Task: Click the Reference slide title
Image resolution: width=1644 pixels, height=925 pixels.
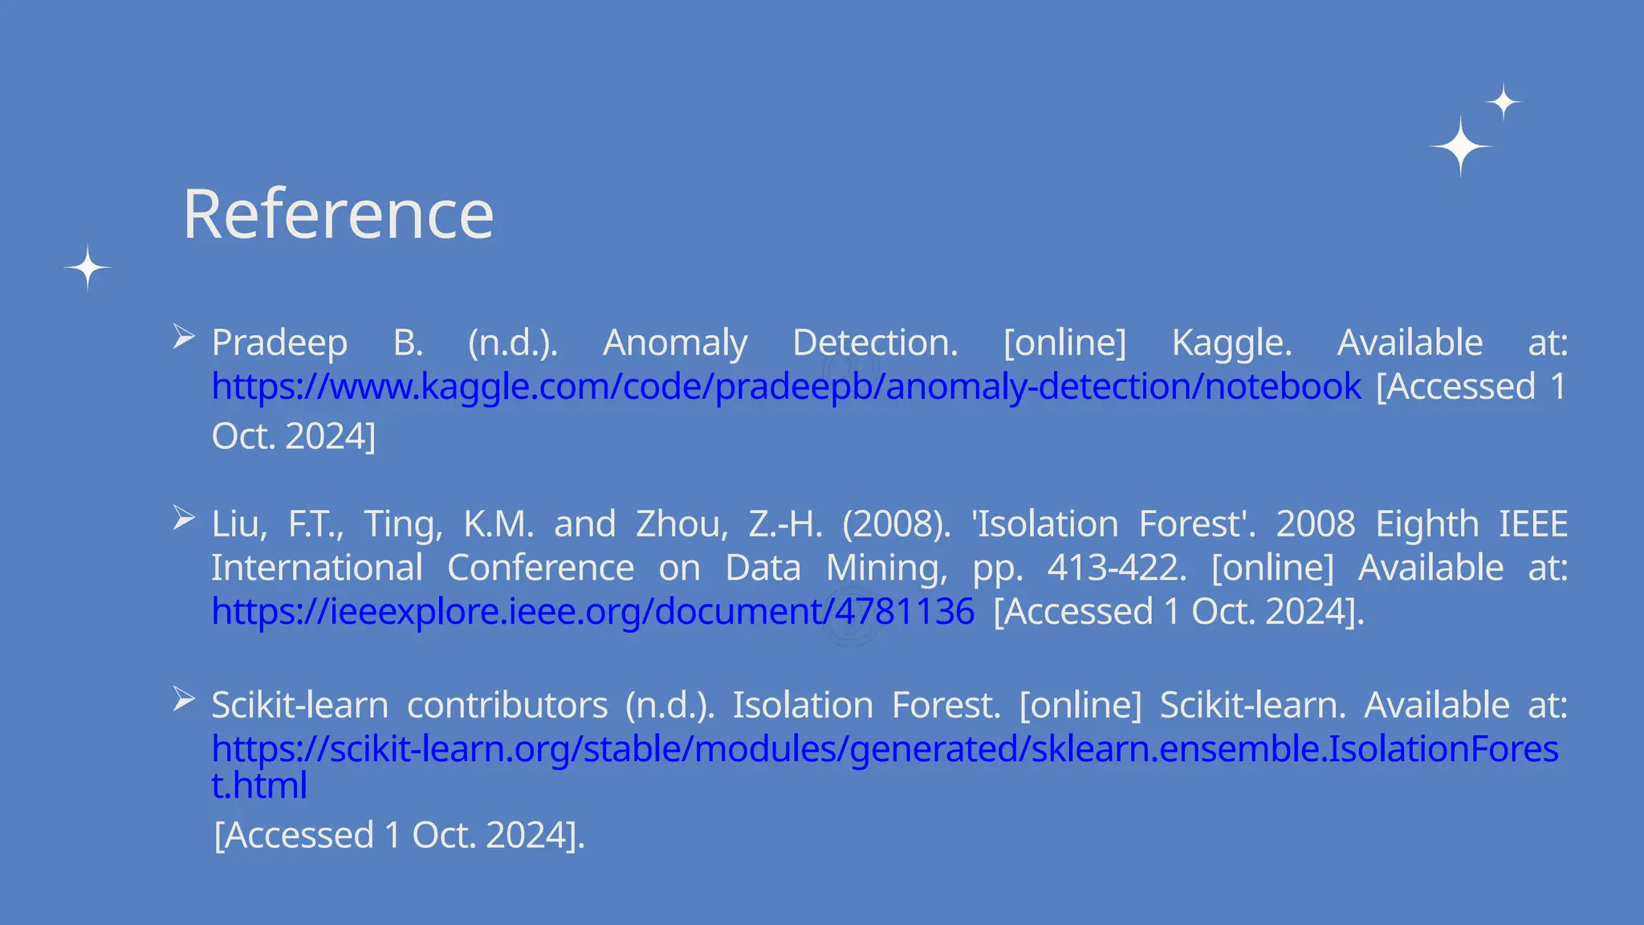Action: (x=338, y=214)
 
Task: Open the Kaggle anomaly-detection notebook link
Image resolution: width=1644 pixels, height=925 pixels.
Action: (x=786, y=387)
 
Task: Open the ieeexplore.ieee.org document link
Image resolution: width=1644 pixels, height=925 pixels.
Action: (x=592, y=612)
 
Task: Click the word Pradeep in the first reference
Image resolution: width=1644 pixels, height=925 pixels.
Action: (x=279, y=344)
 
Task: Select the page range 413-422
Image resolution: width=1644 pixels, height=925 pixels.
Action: (x=1117, y=568)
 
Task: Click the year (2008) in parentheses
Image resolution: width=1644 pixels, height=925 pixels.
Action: (x=896, y=524)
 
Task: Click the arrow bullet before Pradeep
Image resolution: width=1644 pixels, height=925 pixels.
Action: (x=184, y=336)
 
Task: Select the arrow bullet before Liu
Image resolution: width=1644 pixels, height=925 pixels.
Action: (x=184, y=518)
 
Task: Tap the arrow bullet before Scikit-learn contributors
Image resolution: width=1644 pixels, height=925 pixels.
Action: (x=184, y=699)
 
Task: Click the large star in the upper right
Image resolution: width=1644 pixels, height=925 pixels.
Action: (x=1461, y=147)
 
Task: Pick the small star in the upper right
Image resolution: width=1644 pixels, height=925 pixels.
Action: (x=1504, y=102)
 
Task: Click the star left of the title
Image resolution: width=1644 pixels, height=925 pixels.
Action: (x=87, y=267)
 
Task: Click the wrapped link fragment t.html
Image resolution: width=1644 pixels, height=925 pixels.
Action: (x=258, y=785)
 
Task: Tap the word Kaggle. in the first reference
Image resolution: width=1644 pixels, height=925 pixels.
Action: (x=1231, y=344)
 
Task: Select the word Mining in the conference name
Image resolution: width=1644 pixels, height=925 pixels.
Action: (x=886, y=568)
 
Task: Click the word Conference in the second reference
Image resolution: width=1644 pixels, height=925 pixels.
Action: (x=540, y=568)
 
